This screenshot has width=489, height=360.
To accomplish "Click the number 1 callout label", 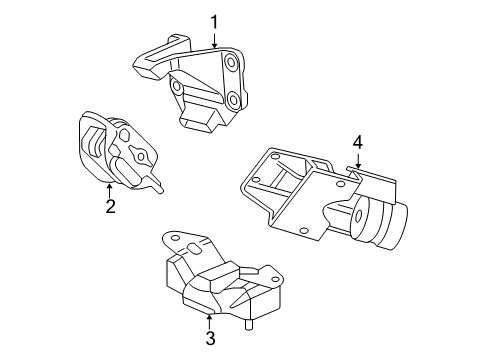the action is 213,19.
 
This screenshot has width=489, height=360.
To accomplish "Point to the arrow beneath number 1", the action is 213,40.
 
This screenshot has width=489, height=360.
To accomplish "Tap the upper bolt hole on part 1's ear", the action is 231,66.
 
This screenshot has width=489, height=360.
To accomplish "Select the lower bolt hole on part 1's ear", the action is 233,99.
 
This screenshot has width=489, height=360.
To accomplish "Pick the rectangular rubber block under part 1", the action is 204,120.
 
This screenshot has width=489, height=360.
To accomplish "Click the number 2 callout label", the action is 110,207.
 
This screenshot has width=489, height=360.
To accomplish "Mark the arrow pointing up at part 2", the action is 110,188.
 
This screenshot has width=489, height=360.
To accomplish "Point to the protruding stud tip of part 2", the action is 160,187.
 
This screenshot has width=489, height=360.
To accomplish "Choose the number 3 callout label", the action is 210,338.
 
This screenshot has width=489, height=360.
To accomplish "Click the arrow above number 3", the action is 210,318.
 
